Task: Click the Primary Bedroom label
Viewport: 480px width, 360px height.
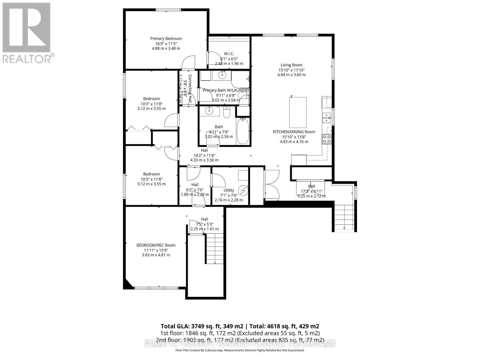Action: tap(166, 39)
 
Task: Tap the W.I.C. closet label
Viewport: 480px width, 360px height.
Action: tap(229, 54)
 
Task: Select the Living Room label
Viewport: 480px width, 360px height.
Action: tap(291, 65)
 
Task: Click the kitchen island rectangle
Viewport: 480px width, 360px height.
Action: tap(298, 112)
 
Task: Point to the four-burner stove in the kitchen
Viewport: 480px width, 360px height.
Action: tap(327, 139)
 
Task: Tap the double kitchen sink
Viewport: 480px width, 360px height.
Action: tap(326, 118)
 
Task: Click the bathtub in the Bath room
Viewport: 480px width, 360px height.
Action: tap(243, 132)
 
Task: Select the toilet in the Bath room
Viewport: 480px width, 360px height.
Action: tap(226, 112)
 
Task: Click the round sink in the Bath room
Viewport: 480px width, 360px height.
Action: tap(209, 111)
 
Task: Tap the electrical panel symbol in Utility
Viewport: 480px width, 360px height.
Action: tap(243, 190)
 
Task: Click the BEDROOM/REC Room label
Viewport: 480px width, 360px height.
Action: tap(156, 245)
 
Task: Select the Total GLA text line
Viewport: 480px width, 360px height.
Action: tap(240, 326)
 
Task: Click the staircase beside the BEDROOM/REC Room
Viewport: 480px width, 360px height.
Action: tap(214, 249)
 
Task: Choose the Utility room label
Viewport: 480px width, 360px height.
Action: tap(229, 190)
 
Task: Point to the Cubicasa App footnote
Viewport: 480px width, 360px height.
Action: tap(240, 350)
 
